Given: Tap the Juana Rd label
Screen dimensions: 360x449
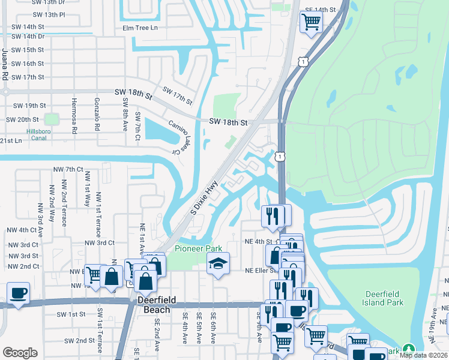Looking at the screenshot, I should click(5, 65).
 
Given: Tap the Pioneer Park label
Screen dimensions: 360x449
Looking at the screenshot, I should click(198, 248).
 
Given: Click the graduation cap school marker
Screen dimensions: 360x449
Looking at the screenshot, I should click(218, 263).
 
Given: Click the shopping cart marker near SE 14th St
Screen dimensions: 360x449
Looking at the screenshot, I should click(312, 22).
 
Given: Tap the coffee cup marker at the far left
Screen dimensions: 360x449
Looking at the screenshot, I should click(18, 293).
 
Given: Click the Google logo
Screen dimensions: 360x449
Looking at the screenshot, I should click(20, 353).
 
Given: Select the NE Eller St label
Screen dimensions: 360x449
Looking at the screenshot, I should click(244, 271).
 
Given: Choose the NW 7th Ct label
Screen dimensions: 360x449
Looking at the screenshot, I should click(67, 169).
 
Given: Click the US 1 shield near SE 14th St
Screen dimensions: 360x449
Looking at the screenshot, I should click(304, 61).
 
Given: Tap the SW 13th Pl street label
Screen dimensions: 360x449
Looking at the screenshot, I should click(49, 14).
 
